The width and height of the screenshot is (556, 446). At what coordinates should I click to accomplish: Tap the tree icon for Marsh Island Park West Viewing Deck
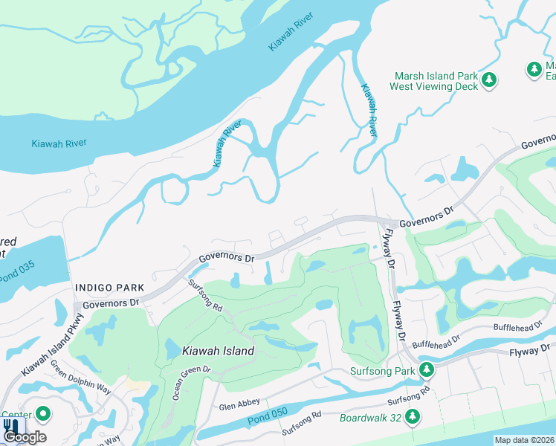point(489,80)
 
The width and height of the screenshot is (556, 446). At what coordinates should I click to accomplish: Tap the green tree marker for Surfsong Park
point(426,369)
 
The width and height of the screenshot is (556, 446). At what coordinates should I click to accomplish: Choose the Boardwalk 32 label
point(370,418)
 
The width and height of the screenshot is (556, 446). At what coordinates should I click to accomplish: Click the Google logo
point(25,437)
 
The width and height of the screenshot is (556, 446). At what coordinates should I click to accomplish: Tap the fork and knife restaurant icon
point(10,427)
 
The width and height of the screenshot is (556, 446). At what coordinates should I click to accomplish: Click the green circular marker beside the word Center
point(43,413)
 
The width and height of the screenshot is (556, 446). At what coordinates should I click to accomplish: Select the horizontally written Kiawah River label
point(59,143)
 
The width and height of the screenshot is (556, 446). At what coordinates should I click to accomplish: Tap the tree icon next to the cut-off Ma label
point(534,70)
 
